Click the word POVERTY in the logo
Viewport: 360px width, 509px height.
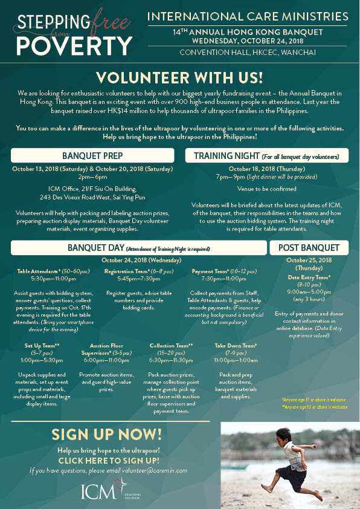coord(74,46)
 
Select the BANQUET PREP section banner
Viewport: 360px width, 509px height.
coord(92,156)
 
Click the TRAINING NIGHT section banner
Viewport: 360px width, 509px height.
coord(266,156)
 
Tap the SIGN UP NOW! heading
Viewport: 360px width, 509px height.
coord(106,434)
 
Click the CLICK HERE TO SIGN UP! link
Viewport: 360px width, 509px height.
coord(109,460)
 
